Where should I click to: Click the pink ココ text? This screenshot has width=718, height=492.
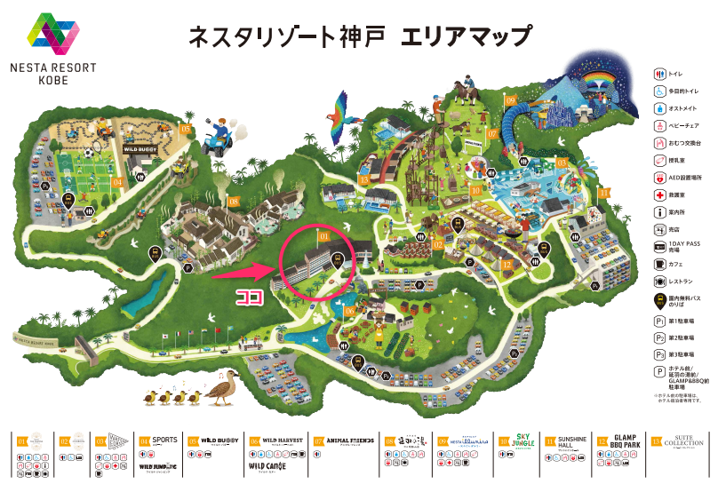(x=247, y=298)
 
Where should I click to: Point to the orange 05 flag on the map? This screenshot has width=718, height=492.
(x=186, y=129)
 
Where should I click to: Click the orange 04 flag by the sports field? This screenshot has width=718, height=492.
(x=116, y=181)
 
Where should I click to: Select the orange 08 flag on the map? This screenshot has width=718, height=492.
(x=234, y=202)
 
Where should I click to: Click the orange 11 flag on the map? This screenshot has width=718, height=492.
(x=604, y=191)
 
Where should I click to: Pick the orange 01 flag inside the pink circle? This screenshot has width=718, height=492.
(x=324, y=237)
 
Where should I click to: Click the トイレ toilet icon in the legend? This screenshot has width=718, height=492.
(x=659, y=73)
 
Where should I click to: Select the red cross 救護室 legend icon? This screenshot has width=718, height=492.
(x=659, y=194)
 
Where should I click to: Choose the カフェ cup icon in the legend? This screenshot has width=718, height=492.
(x=659, y=265)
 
